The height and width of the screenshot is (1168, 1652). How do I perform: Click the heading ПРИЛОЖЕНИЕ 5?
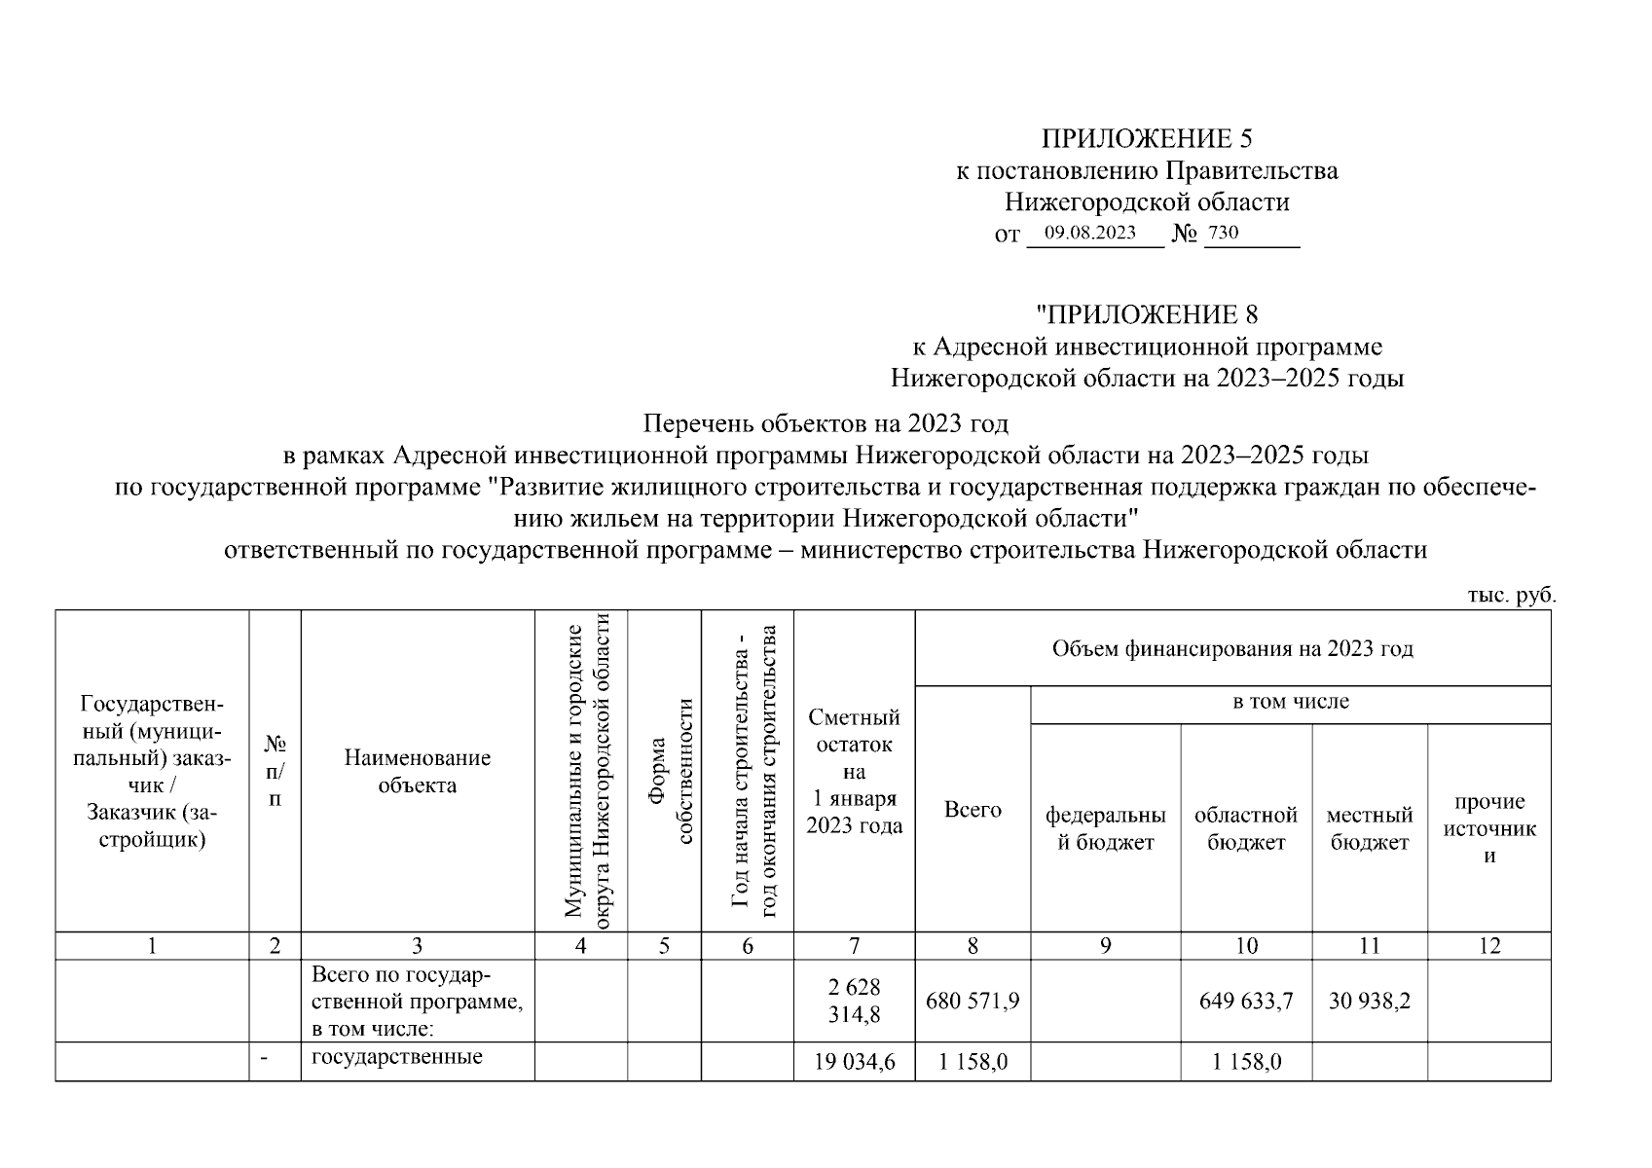pyautogui.click(x=1147, y=138)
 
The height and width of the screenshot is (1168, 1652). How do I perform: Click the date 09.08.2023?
pyautogui.click(x=1089, y=234)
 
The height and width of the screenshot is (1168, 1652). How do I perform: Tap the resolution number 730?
pyautogui.click(x=1223, y=234)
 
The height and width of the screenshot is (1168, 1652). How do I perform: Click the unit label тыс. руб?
pyautogui.click(x=1511, y=596)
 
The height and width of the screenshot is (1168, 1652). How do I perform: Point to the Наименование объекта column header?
pyautogui.click(x=417, y=771)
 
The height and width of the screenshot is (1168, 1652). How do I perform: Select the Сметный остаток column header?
pyautogui.click(x=854, y=771)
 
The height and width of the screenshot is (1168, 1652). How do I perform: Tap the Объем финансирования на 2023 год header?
pyautogui.click(x=1231, y=648)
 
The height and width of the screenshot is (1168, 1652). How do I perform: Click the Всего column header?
pyautogui.click(x=973, y=810)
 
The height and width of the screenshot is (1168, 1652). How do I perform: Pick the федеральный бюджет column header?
pyautogui.click(x=1105, y=828)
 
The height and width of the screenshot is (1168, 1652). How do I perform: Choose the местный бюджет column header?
pyautogui.click(x=1369, y=828)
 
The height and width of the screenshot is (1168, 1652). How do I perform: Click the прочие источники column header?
pyautogui.click(x=1488, y=828)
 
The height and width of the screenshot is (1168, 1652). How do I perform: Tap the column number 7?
pyautogui.click(x=854, y=946)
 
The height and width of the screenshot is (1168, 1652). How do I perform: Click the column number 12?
pyautogui.click(x=1488, y=946)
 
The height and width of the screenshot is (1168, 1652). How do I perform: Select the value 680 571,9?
pyautogui.click(x=973, y=1001)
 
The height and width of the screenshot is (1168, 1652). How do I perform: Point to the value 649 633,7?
pyautogui.click(x=1246, y=1001)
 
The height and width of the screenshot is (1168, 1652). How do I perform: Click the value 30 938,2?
pyautogui.click(x=1369, y=1001)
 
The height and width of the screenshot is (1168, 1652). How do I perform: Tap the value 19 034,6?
pyautogui.click(x=854, y=1062)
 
